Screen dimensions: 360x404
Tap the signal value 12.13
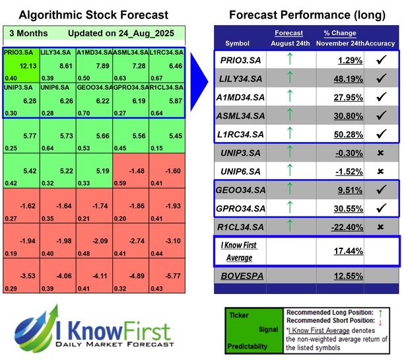click(x=28, y=66)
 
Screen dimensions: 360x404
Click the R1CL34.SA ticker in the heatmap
click(x=166, y=87)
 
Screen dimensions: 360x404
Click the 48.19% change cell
click(x=343, y=78)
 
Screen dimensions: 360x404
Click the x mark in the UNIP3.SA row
click(x=382, y=153)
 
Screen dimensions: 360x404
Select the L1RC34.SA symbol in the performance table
click(x=242, y=134)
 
